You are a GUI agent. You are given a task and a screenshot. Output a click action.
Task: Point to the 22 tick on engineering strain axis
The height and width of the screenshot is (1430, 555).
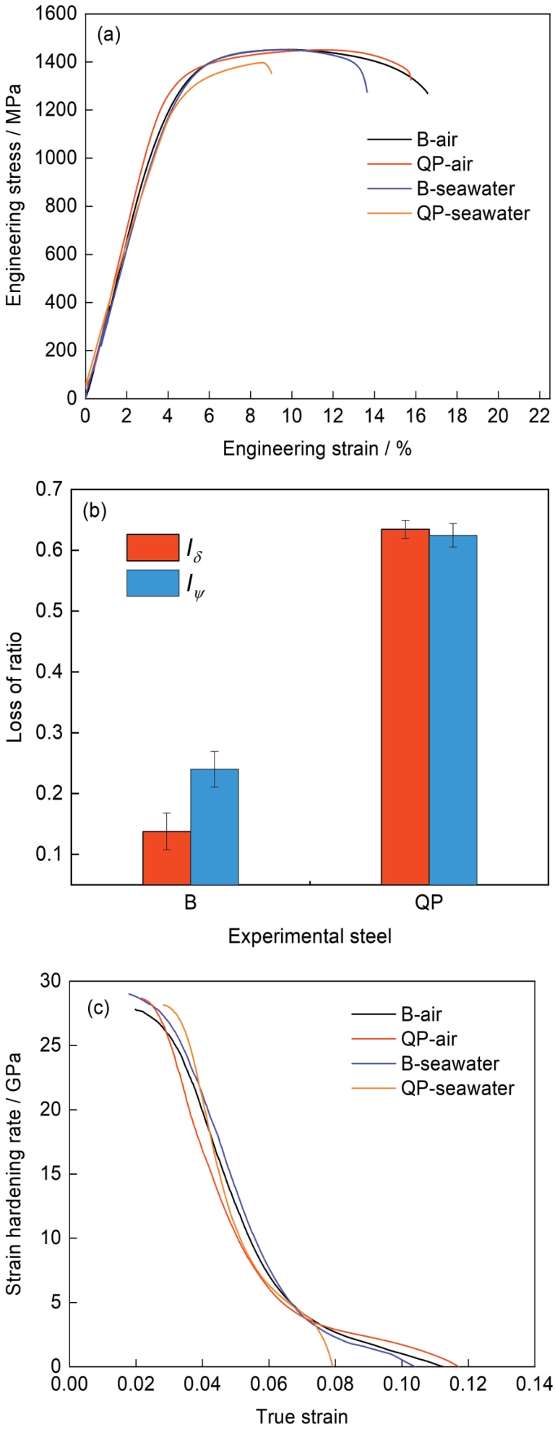540,417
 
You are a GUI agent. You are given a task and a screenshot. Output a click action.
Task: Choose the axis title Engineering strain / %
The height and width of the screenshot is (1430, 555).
317,449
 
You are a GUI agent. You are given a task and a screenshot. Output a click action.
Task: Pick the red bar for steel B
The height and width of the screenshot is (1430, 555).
167,857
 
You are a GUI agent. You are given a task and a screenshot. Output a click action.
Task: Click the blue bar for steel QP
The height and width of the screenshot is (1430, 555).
453,709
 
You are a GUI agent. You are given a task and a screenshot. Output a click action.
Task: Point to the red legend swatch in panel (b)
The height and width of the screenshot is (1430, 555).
152,547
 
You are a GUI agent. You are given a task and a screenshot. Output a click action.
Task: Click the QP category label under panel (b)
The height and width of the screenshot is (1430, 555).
429,904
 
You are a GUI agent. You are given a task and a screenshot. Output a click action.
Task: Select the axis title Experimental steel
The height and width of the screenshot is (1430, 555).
310,936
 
